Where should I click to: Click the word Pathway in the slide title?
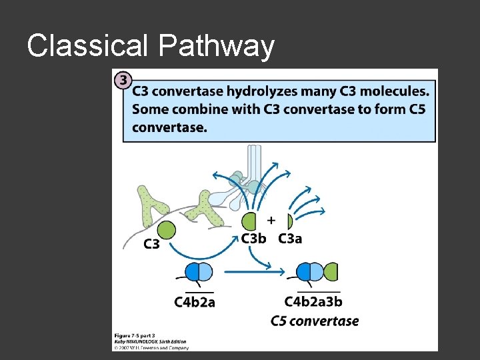point(217,47)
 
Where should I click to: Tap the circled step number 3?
point(123,80)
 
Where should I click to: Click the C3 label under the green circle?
point(152,245)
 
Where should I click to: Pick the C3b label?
point(254,239)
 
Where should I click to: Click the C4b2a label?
point(195,302)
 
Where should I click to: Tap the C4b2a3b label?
point(313,302)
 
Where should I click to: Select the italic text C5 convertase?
point(314,321)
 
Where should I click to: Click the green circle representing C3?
point(167,231)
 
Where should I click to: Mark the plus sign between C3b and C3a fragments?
point(271,219)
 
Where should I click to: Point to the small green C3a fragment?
point(289,221)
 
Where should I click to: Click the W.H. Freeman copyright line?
point(151,347)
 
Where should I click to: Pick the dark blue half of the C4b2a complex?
point(193,271)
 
